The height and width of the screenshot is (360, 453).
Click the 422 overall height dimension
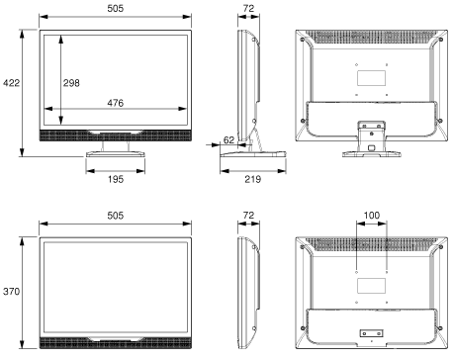[11, 83]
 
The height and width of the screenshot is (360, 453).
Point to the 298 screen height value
[71, 83]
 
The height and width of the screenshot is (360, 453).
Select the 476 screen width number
[116, 103]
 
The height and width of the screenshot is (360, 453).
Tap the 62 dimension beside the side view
[228, 140]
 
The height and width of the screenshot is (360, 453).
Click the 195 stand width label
[116, 179]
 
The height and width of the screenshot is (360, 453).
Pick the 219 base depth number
[253, 179]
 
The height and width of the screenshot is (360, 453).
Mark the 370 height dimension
[11, 292]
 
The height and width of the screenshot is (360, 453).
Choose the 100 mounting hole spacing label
[372, 216]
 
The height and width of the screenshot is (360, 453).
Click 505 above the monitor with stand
[116, 8]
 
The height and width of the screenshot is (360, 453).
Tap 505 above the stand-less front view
[116, 216]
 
